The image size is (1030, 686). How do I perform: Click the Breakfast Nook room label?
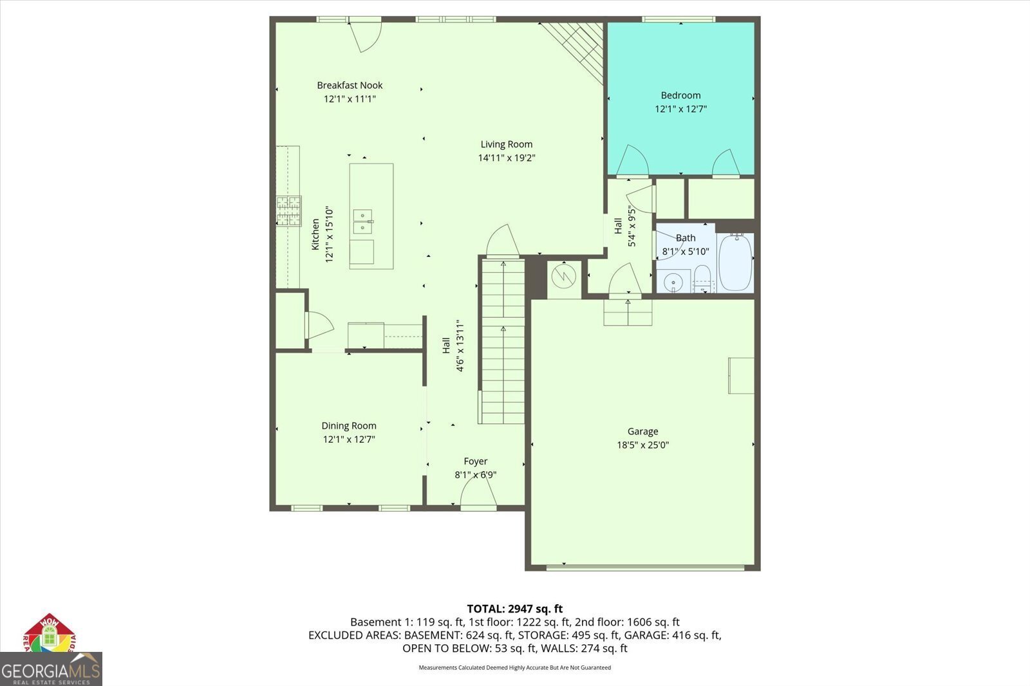coord(350,85)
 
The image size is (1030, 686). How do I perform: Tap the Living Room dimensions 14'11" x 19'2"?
coord(507,158)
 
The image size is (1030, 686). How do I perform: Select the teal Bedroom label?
coord(680,95)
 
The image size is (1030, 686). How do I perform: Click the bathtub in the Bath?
coord(735,263)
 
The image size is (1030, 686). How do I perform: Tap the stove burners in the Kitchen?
coord(289,210)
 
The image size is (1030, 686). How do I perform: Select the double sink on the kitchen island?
coord(363,221)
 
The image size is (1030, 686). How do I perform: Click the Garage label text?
coord(642,431)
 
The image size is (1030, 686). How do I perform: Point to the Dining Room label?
coord(349,425)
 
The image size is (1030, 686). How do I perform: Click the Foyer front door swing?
coord(478,494)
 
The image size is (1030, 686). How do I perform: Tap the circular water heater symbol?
coord(563,277)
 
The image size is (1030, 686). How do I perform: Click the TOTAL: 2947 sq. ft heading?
coord(514,608)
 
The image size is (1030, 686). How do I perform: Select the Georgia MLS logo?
coord(51,669)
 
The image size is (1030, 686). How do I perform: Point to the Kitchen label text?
coord(315,234)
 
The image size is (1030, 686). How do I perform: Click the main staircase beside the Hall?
coord(503,341)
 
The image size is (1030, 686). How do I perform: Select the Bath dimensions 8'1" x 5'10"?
coord(685,252)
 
